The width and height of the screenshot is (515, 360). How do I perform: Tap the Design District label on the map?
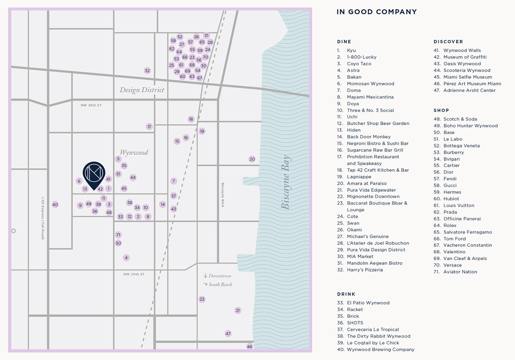(142, 90)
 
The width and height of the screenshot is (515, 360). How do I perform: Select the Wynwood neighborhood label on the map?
(134, 152)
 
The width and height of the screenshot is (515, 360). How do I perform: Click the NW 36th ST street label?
(91, 105)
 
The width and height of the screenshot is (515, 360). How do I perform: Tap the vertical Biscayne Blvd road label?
(223, 194)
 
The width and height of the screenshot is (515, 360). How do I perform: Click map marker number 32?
(147, 71)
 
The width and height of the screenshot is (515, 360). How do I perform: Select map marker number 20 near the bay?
(252, 159)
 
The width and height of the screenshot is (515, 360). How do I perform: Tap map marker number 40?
(55, 205)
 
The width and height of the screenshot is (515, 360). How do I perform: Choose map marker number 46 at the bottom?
(250, 347)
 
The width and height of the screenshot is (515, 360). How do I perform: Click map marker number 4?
(126, 258)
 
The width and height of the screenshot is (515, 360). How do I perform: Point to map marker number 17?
(149, 126)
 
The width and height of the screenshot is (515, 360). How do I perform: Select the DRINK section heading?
(346, 294)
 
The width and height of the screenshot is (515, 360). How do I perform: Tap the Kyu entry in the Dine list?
(351, 50)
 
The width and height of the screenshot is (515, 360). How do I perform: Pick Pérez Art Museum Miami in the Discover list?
(472, 84)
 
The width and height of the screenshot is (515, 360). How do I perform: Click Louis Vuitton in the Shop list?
(458, 205)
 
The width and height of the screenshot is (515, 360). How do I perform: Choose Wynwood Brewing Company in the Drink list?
(380, 349)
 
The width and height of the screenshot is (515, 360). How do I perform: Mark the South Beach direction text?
(220, 284)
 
